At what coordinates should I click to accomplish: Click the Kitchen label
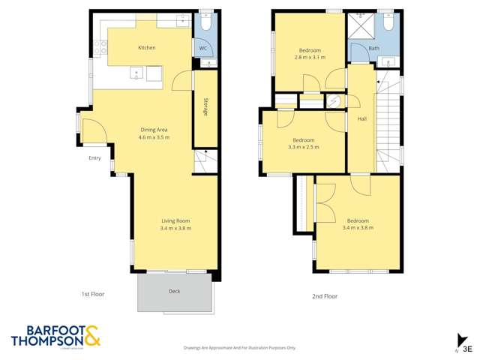147,48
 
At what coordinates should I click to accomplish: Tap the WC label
202,49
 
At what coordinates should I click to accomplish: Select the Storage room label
205,106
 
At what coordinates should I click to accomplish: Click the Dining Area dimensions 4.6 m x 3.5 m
154,138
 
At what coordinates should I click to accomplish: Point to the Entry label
94,158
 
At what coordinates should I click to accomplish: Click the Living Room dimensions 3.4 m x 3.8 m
175,228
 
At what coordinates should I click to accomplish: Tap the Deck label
175,291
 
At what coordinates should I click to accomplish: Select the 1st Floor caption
93,295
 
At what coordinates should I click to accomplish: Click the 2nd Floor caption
325,296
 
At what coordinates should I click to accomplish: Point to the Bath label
373,49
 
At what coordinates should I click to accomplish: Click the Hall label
361,119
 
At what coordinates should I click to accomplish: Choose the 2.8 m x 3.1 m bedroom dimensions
309,57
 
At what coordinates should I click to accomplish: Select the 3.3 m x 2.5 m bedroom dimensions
303,147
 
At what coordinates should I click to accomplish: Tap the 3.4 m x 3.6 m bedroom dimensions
357,228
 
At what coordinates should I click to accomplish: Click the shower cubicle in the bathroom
358,27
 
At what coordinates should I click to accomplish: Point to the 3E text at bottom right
467,348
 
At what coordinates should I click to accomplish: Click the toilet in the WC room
206,24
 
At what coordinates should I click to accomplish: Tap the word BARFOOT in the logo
45,329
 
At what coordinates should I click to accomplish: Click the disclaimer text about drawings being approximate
240,348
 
